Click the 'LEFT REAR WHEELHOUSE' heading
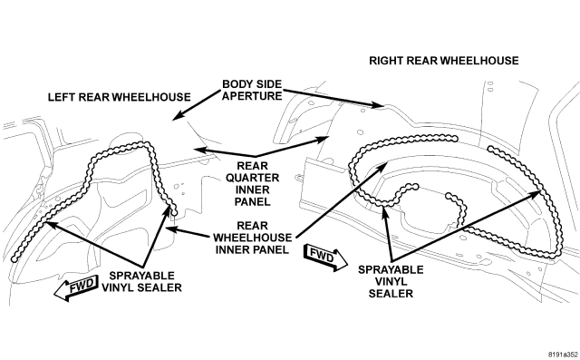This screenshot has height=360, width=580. (119, 97)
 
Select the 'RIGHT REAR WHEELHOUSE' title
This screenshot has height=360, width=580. (444, 61)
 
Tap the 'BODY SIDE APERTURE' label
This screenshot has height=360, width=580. (252, 90)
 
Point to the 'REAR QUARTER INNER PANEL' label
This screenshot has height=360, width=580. (252, 183)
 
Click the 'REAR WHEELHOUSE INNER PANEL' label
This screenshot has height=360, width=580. (252, 238)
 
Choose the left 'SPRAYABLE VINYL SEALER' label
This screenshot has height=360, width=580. (141, 282)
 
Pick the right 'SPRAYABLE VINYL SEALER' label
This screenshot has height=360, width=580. (391, 282)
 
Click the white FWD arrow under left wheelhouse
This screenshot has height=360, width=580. (76, 287)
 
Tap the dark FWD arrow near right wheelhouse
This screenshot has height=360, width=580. (325, 258)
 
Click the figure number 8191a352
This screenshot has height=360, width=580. (563, 354)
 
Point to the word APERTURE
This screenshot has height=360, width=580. (252, 96)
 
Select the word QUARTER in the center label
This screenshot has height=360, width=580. (252, 178)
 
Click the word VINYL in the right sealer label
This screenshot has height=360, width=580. (391, 282)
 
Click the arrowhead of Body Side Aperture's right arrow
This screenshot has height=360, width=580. (382, 107)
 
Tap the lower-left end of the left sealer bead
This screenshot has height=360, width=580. (14, 259)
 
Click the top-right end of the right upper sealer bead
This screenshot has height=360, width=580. (455, 139)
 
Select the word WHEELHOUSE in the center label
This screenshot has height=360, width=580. (252, 238)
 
